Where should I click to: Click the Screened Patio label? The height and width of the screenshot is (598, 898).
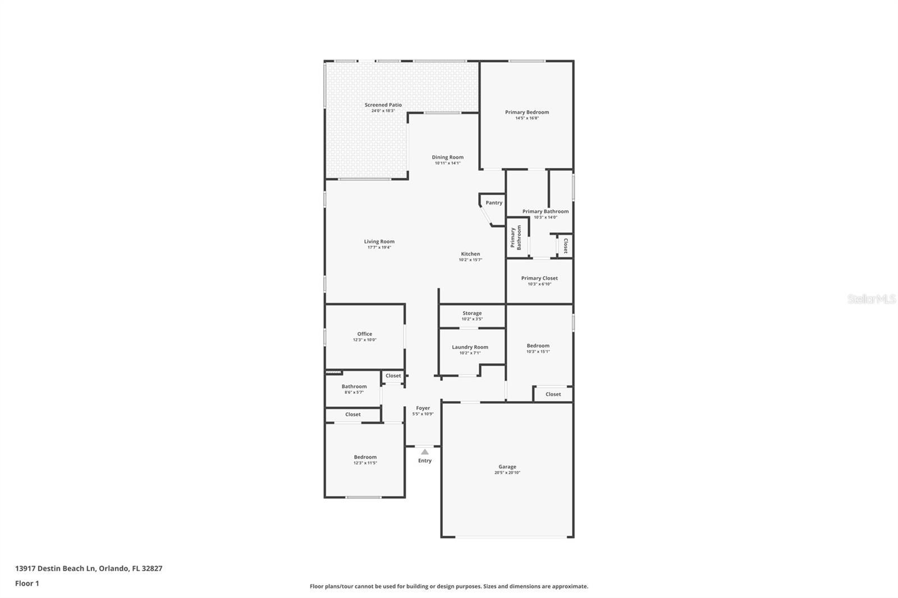(x=383, y=105)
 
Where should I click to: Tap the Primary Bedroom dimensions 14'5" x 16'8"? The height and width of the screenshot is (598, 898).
(x=526, y=118)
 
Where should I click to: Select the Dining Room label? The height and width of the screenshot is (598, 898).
(x=447, y=157)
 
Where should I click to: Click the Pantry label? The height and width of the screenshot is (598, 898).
(x=494, y=203)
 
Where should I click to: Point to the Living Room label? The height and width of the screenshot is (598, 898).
(x=379, y=241)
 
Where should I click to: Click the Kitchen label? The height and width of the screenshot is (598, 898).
(x=470, y=254)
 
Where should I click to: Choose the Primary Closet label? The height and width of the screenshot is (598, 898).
(x=539, y=278)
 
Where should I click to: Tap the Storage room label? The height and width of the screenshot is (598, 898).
(x=472, y=313)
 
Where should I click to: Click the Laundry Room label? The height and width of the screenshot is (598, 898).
(x=470, y=347)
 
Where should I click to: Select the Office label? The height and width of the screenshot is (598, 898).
(x=364, y=334)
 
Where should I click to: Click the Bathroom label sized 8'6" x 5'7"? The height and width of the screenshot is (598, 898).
(x=354, y=386)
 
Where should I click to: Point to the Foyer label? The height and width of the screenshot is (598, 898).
(x=423, y=408)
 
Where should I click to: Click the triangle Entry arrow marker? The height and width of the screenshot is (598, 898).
(x=425, y=452)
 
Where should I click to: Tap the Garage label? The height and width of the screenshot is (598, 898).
(x=507, y=466)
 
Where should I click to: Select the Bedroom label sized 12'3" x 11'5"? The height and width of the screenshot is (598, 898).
(x=365, y=457)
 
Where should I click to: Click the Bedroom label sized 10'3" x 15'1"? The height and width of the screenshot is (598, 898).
(x=538, y=346)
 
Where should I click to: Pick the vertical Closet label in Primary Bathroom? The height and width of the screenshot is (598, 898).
(x=565, y=246)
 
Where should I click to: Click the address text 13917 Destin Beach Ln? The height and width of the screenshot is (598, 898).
(x=56, y=568)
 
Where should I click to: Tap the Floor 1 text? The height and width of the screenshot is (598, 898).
(x=27, y=583)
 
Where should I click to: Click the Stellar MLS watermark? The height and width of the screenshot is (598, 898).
(x=871, y=300)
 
